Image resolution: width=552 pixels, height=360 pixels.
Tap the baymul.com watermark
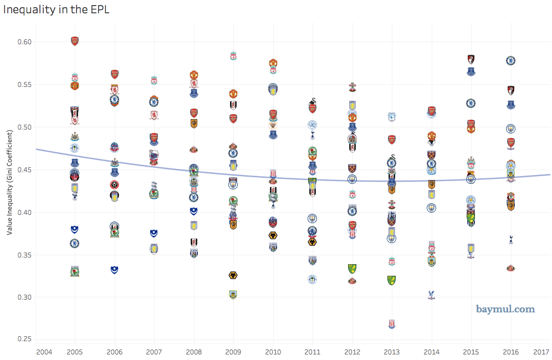tap(505, 309)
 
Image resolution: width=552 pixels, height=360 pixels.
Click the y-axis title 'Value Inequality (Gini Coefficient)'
tap(9, 183)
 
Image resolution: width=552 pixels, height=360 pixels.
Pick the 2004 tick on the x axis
tap(44, 352)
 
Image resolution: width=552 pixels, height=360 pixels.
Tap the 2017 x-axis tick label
tap(541, 352)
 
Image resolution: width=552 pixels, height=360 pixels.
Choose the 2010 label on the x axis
tap(273, 352)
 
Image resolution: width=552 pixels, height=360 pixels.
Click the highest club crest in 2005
tap(75, 40)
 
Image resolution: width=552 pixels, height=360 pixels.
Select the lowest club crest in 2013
tap(392, 324)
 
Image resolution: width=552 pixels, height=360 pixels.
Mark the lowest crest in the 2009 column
tap(233, 295)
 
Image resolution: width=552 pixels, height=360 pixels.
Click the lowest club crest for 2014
tap(431, 295)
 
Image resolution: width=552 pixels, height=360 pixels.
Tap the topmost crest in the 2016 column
tap(511, 60)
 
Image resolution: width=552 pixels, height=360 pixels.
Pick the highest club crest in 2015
tap(471, 59)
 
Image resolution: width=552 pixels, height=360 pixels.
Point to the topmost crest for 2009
tap(233, 56)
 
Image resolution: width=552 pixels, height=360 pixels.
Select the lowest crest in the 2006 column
tap(114, 270)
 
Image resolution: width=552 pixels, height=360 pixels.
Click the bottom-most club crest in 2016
tap(511, 268)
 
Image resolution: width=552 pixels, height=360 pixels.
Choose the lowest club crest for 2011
tap(313, 279)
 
